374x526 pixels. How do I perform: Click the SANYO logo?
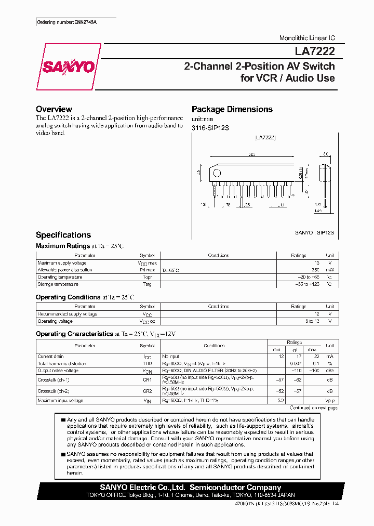click(x=69, y=67)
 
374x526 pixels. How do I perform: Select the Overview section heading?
click(x=54, y=109)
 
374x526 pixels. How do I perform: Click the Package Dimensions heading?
click(x=232, y=109)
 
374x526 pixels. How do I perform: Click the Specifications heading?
click(x=63, y=235)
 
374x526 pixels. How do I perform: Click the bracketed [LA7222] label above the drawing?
click(x=265, y=138)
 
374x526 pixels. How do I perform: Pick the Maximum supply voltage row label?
click(x=60, y=263)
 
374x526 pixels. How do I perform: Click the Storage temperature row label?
click(x=58, y=284)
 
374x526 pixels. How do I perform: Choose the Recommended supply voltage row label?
click(x=67, y=314)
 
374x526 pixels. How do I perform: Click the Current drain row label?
click(x=50, y=357)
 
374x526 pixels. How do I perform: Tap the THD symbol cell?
click(x=147, y=363)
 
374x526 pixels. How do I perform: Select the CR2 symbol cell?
click(x=147, y=390)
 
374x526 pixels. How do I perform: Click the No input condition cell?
click(x=170, y=357)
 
